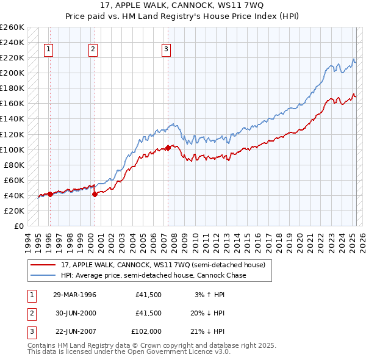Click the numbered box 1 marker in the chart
coord(49,50)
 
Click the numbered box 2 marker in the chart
coord(93,50)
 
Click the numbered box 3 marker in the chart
coord(166,50)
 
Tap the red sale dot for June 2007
coord(168,147)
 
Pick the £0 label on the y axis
coord(19,226)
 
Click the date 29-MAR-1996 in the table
coord(74,295)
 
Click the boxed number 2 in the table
coord(31,313)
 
